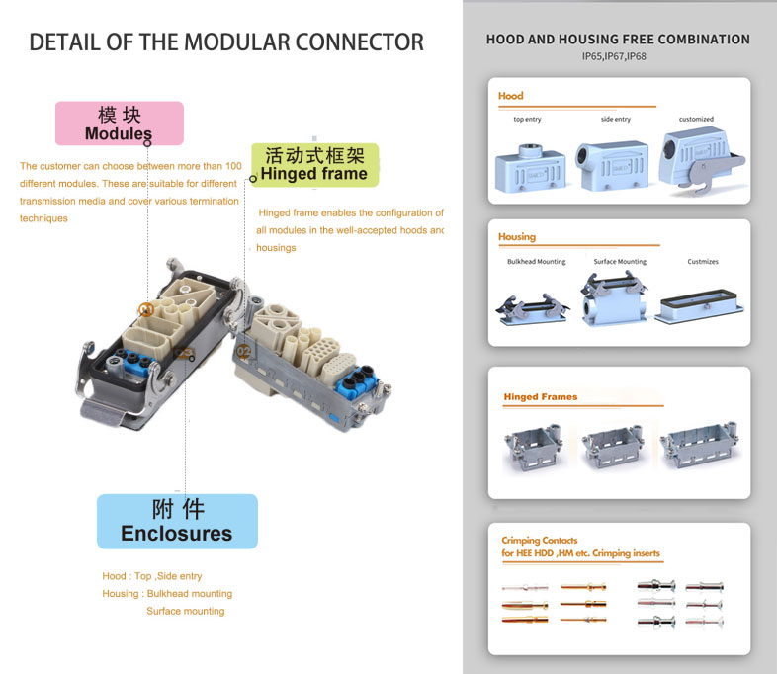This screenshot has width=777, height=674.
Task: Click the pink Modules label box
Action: [x=120, y=124]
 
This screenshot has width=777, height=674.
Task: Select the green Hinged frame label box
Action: [x=314, y=165]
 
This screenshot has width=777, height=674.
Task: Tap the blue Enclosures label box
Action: [x=177, y=522]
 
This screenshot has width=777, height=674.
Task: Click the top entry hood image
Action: [x=530, y=169]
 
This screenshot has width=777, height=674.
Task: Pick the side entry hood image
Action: [x=612, y=166]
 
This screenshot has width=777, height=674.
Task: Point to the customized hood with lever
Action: [x=701, y=159]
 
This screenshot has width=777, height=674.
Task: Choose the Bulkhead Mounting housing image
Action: [x=533, y=309]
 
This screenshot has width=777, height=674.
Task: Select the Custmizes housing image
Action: [x=699, y=306]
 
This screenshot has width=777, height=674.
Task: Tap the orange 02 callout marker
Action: [x=244, y=352]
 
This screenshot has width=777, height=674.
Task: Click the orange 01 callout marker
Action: [x=145, y=310]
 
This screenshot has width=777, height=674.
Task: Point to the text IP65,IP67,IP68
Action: [x=614, y=56]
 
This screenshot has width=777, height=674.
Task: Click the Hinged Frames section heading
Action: [x=541, y=396]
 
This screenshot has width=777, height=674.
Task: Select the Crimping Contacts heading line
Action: [x=540, y=540]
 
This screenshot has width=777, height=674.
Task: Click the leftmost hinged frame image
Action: [x=533, y=447]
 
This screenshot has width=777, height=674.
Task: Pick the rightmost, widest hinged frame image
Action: [x=699, y=445]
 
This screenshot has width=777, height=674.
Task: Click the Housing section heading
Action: [x=517, y=237]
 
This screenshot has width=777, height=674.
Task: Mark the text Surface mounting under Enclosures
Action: [x=185, y=611]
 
